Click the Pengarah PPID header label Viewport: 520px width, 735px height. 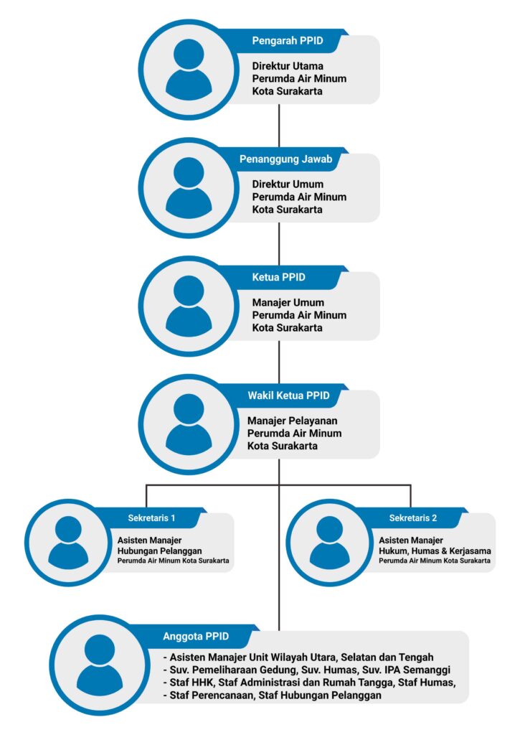pos(288,41)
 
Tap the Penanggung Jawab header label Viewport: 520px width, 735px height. pos(285,159)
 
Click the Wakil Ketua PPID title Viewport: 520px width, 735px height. pos(288,395)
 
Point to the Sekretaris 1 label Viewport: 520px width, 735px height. pos(151,518)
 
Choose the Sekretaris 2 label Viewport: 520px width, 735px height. pos(412,518)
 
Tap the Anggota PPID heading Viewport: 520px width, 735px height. pos(196,636)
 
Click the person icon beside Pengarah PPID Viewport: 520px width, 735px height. pos(189,70)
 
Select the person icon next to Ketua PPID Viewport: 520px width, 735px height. pos(189,306)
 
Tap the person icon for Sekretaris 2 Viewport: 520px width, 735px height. pos(329,543)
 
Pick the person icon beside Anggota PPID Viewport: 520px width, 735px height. pos(99,665)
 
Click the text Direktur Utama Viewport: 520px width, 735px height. pos(288,66)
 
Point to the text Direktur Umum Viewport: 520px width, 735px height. pos(288,184)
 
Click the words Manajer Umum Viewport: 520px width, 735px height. pos(288,302)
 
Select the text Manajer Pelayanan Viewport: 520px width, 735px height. pos(293,421)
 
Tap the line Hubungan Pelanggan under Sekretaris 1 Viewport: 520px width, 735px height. pos(159,551)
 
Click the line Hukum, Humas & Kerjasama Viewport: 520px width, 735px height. pos(435,551)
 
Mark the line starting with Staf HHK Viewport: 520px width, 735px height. pos(309,683)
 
